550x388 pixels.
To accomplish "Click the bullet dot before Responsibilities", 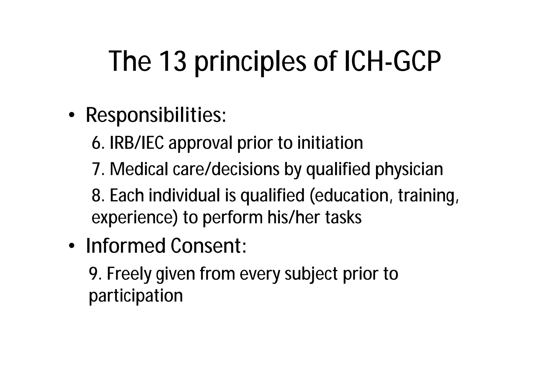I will [71, 115].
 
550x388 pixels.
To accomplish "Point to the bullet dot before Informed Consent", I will [71, 246].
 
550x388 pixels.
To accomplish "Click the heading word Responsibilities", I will [156, 115].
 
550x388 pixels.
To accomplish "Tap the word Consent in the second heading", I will [208, 246].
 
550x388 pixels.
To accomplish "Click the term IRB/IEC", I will [137, 143].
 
